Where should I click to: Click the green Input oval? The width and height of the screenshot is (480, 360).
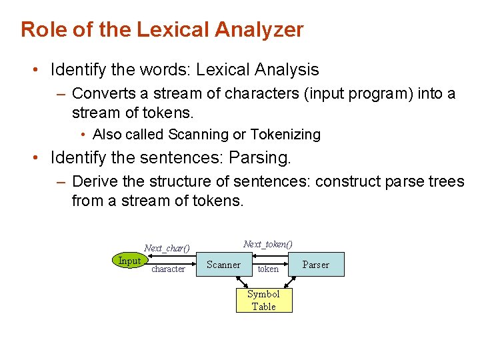click(x=129, y=261)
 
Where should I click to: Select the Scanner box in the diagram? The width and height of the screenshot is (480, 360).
click(x=223, y=265)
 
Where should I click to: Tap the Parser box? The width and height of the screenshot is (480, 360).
click(x=315, y=265)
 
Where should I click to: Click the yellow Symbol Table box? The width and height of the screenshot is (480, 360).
click(x=263, y=300)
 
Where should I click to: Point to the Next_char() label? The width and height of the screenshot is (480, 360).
click(x=167, y=248)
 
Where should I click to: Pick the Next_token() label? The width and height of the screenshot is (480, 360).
click(x=268, y=245)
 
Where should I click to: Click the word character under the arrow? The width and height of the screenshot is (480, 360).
click(x=168, y=269)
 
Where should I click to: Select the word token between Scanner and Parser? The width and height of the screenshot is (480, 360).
click(x=268, y=269)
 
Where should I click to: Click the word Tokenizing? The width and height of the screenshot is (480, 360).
click(x=285, y=135)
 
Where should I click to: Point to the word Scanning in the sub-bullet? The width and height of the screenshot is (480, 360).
click(x=198, y=135)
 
